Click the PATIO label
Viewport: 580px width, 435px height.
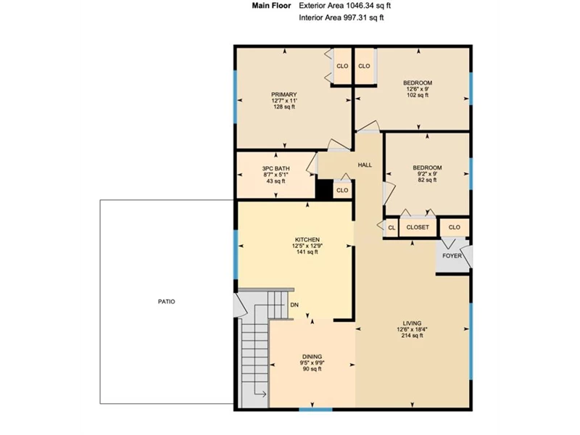(x=167, y=302)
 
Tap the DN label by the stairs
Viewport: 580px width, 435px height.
(x=294, y=304)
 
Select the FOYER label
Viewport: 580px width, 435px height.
(x=452, y=256)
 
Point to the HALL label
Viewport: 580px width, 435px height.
(x=365, y=165)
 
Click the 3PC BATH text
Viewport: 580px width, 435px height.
(x=276, y=169)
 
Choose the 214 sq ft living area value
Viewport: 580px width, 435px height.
(x=412, y=336)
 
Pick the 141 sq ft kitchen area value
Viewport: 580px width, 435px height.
(x=307, y=252)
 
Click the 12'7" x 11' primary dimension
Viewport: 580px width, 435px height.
(x=284, y=101)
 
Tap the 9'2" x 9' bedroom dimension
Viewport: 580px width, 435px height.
(x=427, y=174)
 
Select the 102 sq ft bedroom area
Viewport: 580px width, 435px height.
(x=418, y=95)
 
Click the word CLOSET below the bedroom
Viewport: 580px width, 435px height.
(x=418, y=227)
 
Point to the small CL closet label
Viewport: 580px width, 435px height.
(x=391, y=228)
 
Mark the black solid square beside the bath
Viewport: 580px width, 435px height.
(x=324, y=189)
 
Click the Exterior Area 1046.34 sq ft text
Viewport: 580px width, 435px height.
(x=345, y=6)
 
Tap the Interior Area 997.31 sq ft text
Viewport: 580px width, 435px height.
(x=341, y=17)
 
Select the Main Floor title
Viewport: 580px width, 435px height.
(x=271, y=6)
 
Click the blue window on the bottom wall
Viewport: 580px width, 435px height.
(x=315, y=409)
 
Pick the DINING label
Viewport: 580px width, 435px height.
(x=312, y=357)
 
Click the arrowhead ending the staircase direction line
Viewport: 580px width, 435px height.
(x=264, y=394)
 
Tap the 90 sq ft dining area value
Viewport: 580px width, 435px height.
(x=312, y=369)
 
